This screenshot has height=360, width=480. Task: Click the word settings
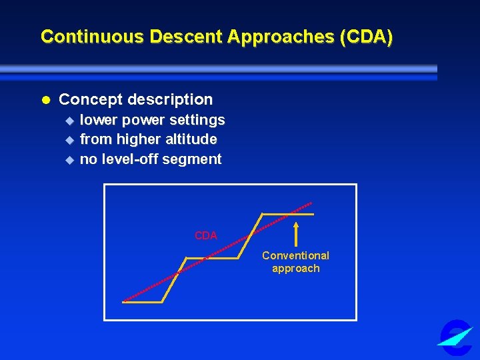197,120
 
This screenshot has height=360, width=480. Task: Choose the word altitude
193,139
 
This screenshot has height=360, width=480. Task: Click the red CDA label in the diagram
205,235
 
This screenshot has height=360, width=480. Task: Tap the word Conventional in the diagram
295,255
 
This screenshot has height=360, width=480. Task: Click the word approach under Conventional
295,269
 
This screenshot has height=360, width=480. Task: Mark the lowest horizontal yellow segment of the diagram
143,302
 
